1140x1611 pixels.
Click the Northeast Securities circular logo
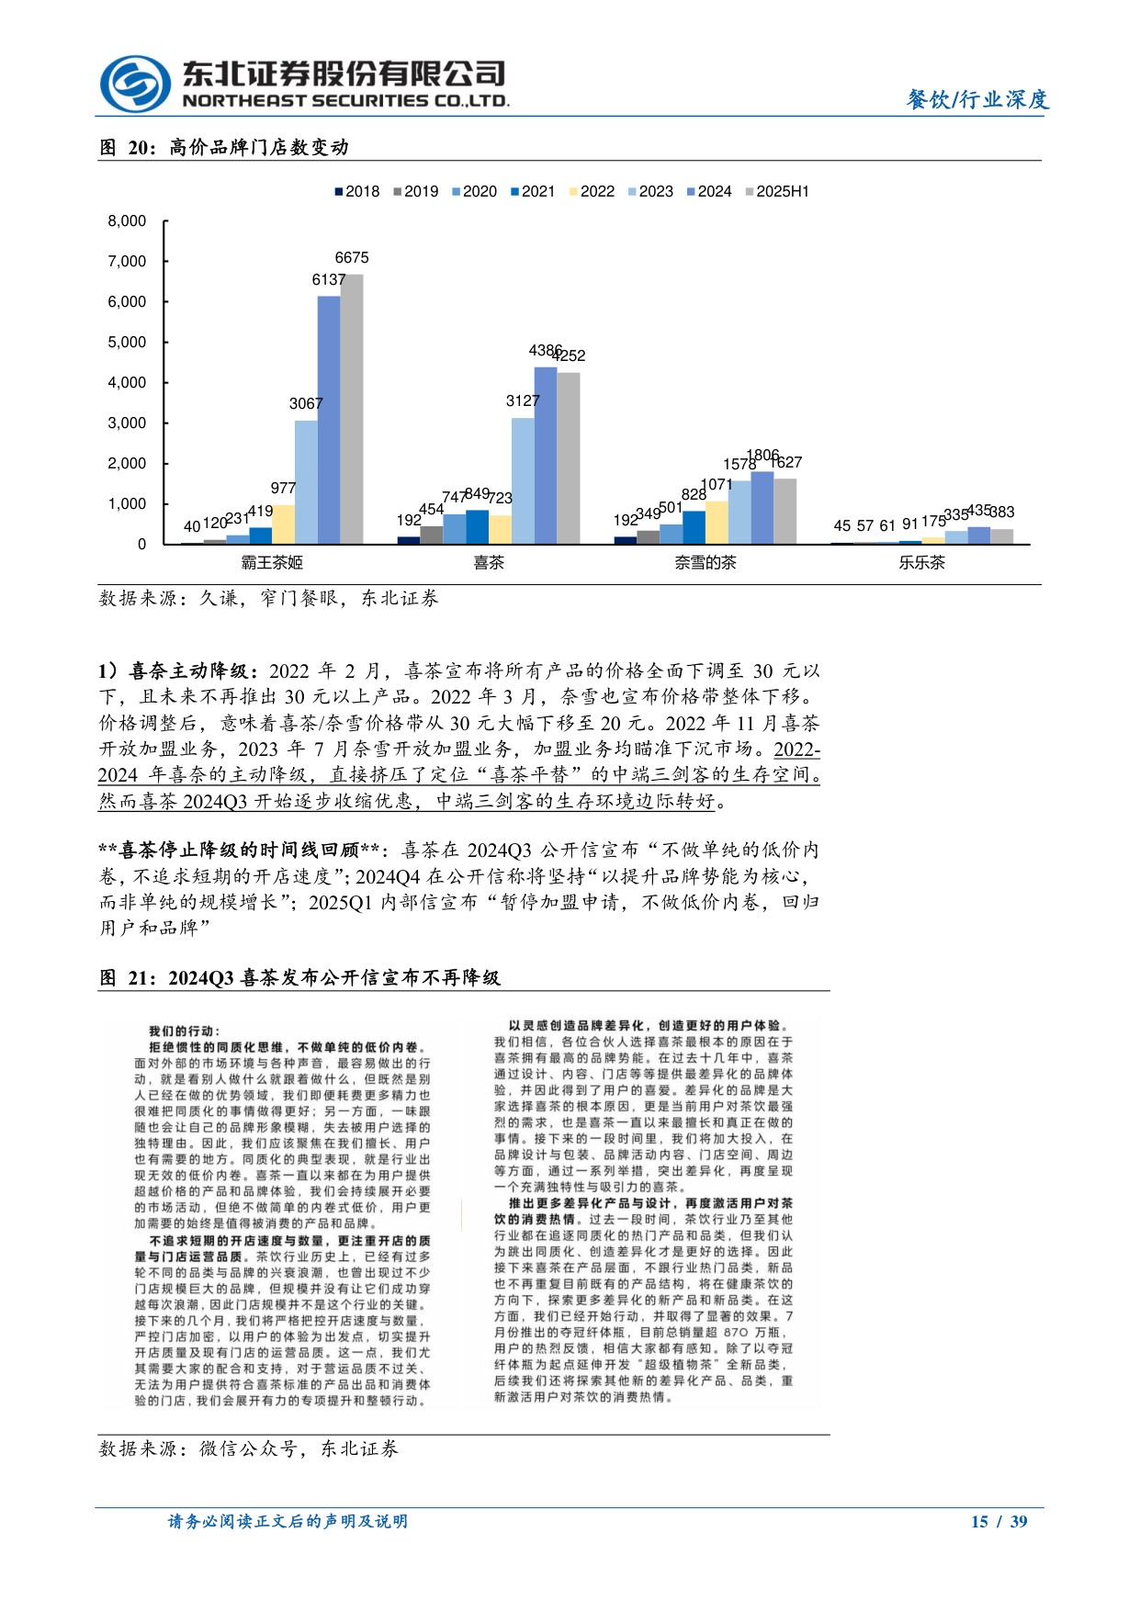pyautogui.click(x=135, y=84)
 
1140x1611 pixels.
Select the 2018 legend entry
pyautogui.click(x=356, y=191)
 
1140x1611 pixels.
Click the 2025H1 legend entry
pyautogui.click(x=776, y=191)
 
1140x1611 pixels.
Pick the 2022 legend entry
pyautogui.click(x=592, y=191)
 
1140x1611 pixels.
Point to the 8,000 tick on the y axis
pyautogui.click(x=128, y=220)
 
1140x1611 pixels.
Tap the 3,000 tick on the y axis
pyautogui.click(x=128, y=422)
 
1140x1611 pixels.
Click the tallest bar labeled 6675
pyautogui.click(x=352, y=409)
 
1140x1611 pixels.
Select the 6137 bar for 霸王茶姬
pyautogui.click(x=329, y=420)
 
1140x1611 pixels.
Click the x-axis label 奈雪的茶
pyautogui.click(x=705, y=562)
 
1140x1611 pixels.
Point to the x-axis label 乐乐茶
pyautogui.click(x=921, y=562)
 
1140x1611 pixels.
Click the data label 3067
pyautogui.click(x=306, y=403)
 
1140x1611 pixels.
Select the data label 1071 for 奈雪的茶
pyautogui.click(x=717, y=484)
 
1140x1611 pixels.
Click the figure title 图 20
pyautogui.click(x=224, y=147)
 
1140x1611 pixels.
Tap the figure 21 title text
pyautogui.click(x=299, y=977)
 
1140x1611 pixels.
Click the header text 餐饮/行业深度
pyautogui.click(x=977, y=99)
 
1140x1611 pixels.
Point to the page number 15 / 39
pyautogui.click(x=999, y=1521)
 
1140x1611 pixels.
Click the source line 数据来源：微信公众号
pyautogui.click(x=249, y=1448)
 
